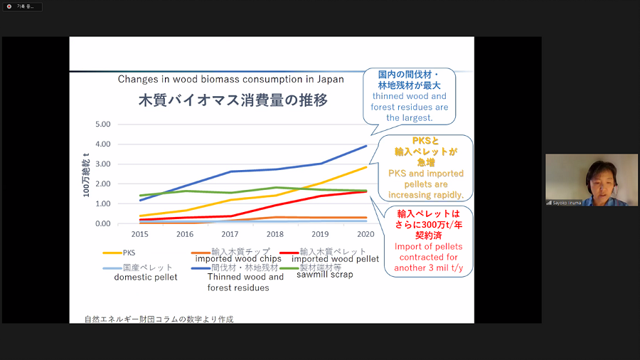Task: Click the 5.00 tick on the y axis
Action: [x=102, y=124]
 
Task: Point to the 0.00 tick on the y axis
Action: [x=102, y=223]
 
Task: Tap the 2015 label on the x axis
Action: [x=139, y=233]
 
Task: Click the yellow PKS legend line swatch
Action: [x=111, y=252]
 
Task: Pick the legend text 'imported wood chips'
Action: [x=238, y=259]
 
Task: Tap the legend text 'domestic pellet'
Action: [x=145, y=277]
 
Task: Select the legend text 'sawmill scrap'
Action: [x=324, y=274]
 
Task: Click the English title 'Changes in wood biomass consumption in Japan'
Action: [x=230, y=79]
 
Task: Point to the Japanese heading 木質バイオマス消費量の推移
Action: [x=233, y=100]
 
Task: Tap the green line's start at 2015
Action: [x=140, y=195]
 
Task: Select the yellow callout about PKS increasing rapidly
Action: [x=425, y=168]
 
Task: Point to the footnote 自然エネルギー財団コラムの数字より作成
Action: [x=158, y=319]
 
